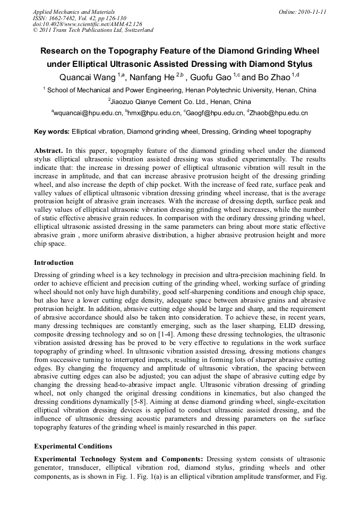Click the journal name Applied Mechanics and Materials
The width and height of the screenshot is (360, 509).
pyautogui.click(x=73, y=11)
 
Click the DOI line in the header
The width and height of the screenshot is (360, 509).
pyautogui.click(x=87, y=24)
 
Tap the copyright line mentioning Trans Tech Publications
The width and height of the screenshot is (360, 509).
pyautogui.click(x=93, y=30)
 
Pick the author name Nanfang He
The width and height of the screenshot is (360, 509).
pyautogui.click(x=154, y=77)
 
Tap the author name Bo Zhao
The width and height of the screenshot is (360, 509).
pyautogui.click(x=275, y=77)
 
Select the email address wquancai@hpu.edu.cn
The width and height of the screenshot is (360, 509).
pyautogui.click(x=88, y=113)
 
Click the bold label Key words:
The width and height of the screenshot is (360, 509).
pyautogui.click(x=52, y=132)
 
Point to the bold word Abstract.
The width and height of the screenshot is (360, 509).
pyautogui.click(x=50, y=151)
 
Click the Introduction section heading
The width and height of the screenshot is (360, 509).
pyautogui.click(x=54, y=263)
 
